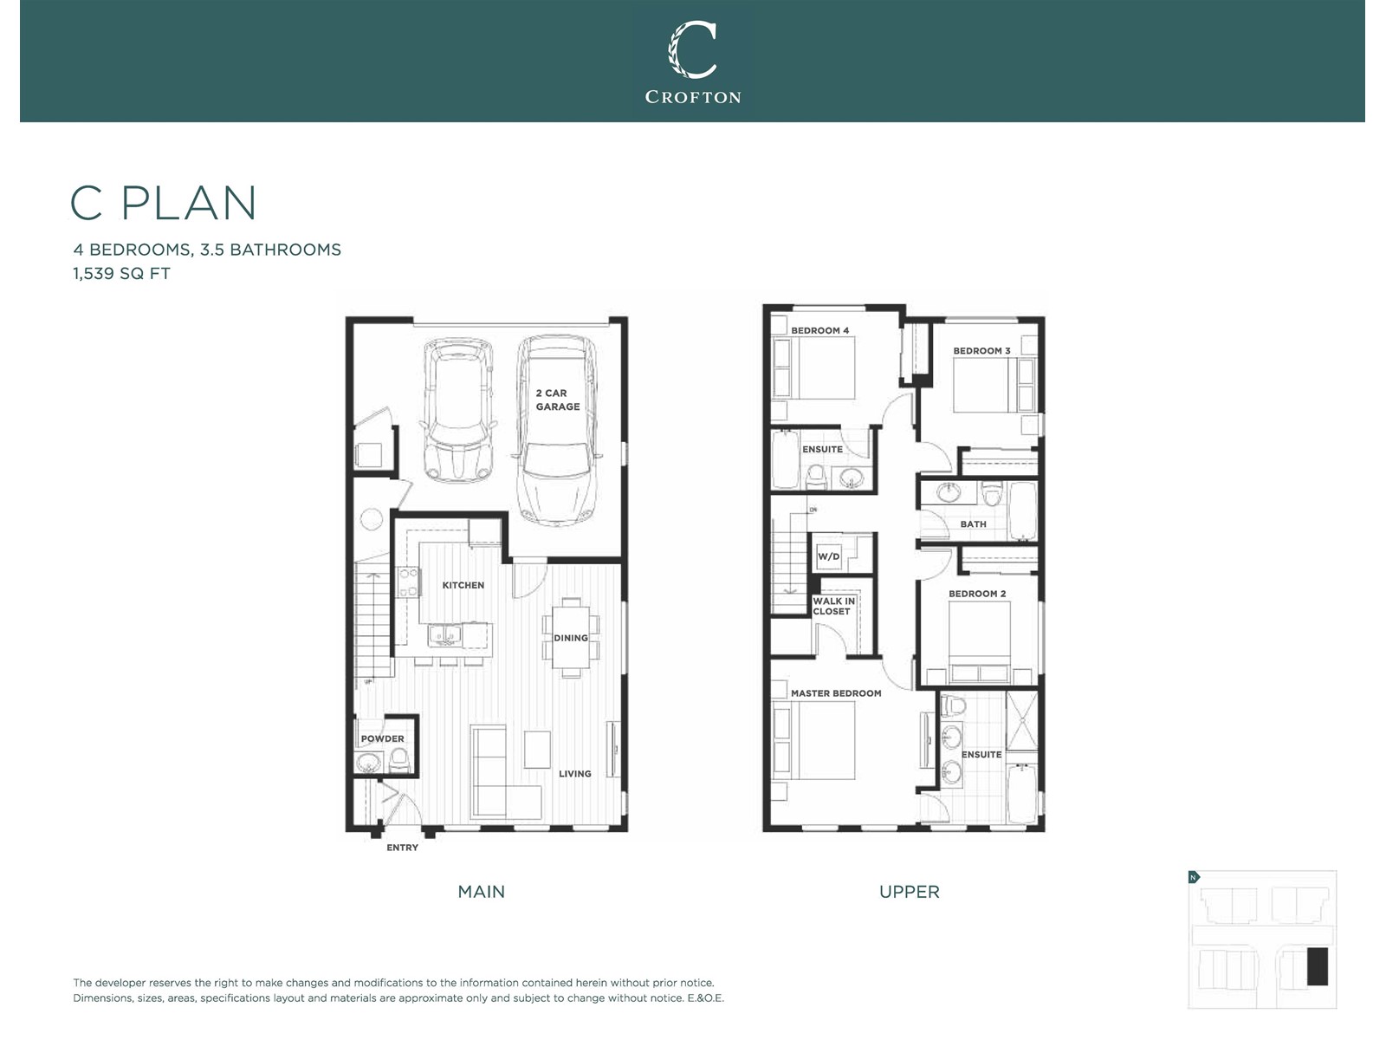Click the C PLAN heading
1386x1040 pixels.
click(164, 204)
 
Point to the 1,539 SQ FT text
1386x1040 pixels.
click(122, 273)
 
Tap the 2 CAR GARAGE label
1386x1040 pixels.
click(558, 400)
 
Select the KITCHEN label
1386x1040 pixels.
click(463, 585)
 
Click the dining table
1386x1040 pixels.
click(571, 638)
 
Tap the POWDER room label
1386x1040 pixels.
click(383, 738)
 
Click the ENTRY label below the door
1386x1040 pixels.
click(402, 848)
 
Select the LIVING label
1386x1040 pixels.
click(574, 774)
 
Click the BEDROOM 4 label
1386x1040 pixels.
click(819, 330)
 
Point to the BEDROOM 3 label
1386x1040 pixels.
click(981, 350)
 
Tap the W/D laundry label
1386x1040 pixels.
click(828, 556)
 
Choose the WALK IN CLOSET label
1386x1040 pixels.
click(833, 606)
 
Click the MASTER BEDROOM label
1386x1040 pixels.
click(836, 693)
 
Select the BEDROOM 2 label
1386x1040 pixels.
click(977, 594)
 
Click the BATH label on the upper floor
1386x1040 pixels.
click(973, 524)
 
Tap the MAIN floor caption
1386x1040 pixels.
click(481, 892)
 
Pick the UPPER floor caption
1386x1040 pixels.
click(910, 892)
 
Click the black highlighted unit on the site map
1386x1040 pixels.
click(1318, 966)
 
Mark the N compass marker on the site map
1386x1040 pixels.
click(1194, 877)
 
